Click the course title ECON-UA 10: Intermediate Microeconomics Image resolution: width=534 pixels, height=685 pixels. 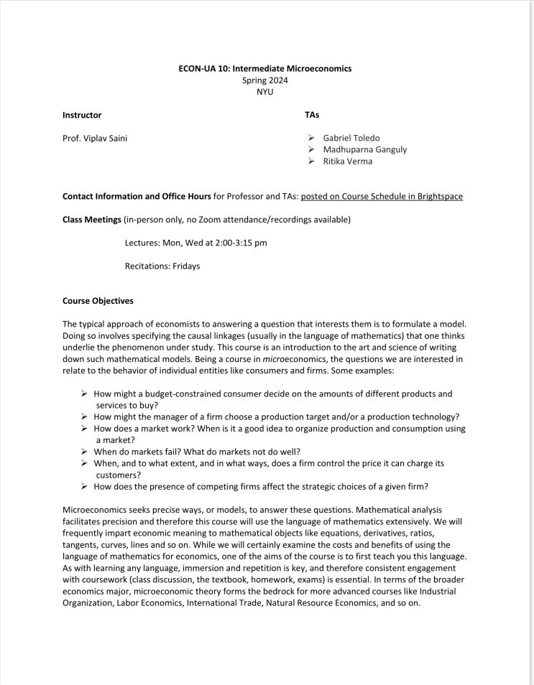[265, 69]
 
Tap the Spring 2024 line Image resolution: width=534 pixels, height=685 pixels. [265, 80]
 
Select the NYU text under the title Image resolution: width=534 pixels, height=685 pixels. [265, 92]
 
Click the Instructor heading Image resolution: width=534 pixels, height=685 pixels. [82, 115]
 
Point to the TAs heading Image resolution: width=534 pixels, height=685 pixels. [312, 115]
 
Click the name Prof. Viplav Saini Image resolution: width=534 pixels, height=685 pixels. [95, 138]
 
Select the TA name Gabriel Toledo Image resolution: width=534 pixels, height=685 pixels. [351, 138]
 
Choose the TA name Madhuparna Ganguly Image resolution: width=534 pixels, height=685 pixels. [364, 149]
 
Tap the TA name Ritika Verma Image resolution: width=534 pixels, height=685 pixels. [348, 161]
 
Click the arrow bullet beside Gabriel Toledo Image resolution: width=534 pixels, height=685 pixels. [310, 138]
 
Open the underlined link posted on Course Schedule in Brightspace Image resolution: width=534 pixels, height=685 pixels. [382, 196]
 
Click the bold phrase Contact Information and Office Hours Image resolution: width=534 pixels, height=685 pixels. [137, 196]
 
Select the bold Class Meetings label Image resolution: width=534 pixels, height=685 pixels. [92, 219]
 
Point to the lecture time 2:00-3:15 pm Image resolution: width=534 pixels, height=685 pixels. [241, 243]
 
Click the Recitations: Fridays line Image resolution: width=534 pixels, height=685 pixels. [162, 266]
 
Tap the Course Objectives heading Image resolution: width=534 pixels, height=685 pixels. [98, 301]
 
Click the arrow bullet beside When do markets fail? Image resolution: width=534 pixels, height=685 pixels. [84, 452]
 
